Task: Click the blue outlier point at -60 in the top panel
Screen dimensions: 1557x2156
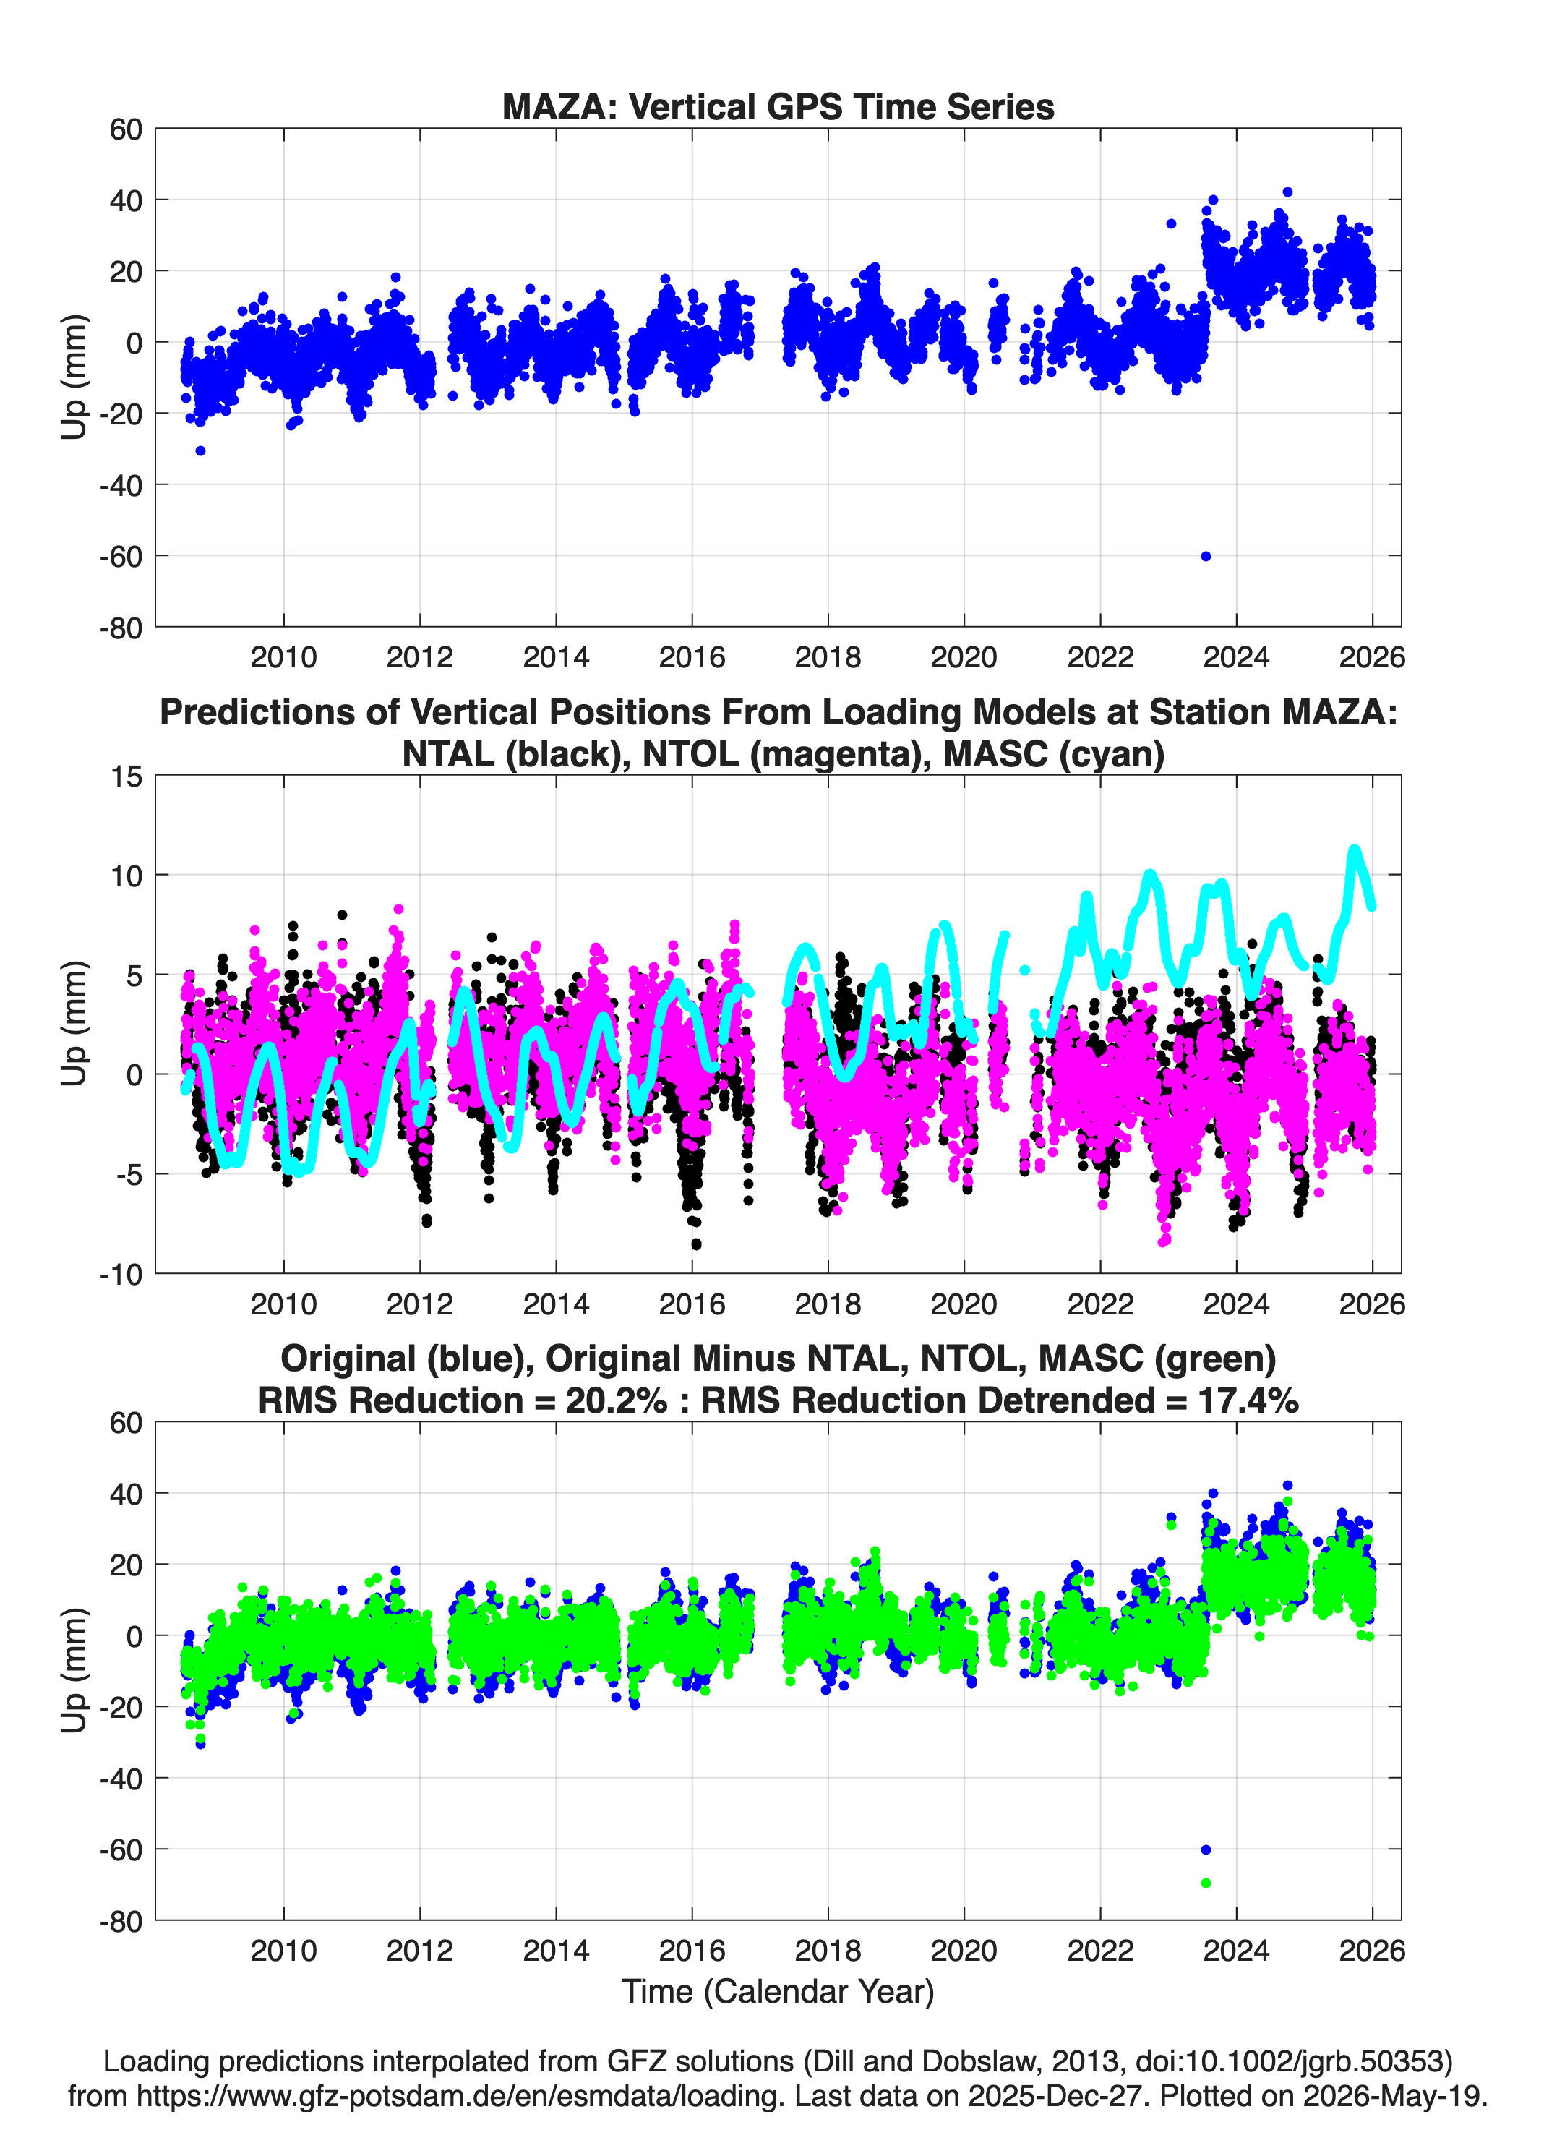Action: click(1205, 556)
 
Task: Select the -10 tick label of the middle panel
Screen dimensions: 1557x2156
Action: click(121, 1275)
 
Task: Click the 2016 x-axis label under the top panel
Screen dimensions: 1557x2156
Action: click(692, 657)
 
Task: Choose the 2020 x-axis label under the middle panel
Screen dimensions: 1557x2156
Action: click(964, 1304)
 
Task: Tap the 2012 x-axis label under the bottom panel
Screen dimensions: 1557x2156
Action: click(419, 1951)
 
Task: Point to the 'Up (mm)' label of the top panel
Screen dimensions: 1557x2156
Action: click(74, 377)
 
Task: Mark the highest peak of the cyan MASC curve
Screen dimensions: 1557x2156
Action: click(1355, 850)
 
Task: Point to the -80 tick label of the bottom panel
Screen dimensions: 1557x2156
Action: click(121, 1921)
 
